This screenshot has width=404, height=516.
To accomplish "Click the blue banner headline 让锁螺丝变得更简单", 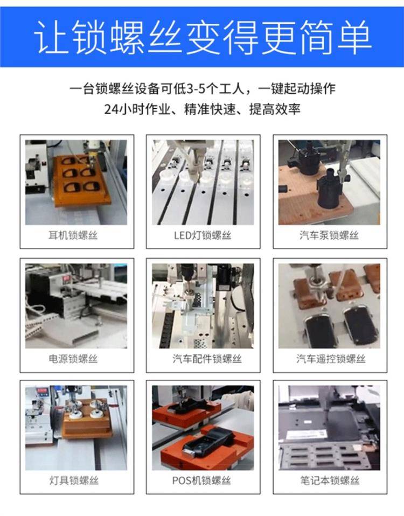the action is tap(203, 37).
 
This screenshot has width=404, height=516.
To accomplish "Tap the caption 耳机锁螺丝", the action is tap(73, 235).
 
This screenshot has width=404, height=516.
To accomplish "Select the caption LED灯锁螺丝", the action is tap(203, 235).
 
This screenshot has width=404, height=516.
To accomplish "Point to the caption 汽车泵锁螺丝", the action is tap(329, 235).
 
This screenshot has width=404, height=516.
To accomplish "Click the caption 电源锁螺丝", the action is tap(73, 359).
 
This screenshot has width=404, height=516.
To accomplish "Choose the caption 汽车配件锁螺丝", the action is tap(207, 359).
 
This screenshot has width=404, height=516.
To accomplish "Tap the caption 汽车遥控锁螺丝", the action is tap(331, 359).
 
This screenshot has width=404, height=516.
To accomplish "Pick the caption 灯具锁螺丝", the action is tap(74, 480).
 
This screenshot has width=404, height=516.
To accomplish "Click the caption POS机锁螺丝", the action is tap(201, 480).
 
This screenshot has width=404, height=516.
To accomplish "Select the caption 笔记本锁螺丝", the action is tap(330, 480).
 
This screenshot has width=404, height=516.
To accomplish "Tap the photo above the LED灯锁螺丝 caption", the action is tap(203, 182).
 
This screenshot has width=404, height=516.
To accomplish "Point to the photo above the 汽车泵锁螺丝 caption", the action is tap(329, 182).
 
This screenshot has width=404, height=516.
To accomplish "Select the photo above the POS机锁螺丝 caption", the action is tap(203, 428).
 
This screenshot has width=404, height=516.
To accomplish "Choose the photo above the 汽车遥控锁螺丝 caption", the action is tap(329, 306).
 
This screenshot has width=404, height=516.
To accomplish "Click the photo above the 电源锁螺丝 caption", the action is tap(76, 306).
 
